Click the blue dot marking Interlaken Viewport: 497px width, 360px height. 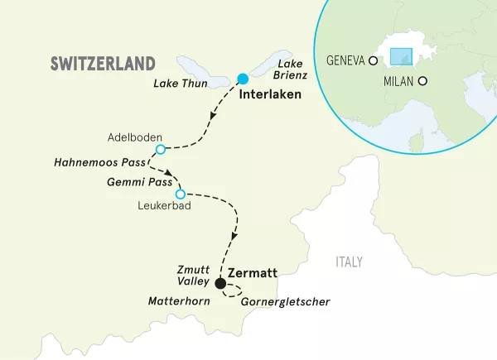tap(243, 79)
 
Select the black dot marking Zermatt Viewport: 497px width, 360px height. tap(220, 284)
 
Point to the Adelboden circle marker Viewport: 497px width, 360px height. tap(161, 150)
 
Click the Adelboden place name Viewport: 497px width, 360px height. tap(134, 137)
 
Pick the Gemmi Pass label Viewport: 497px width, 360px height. tap(137, 180)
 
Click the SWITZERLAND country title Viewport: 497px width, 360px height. tap(103, 64)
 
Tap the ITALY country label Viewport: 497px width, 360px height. tap(349, 262)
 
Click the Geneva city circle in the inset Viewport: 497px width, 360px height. tap(374, 60)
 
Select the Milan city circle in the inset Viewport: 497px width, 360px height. tap(423, 81)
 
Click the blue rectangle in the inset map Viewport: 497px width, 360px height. tap(401, 56)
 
